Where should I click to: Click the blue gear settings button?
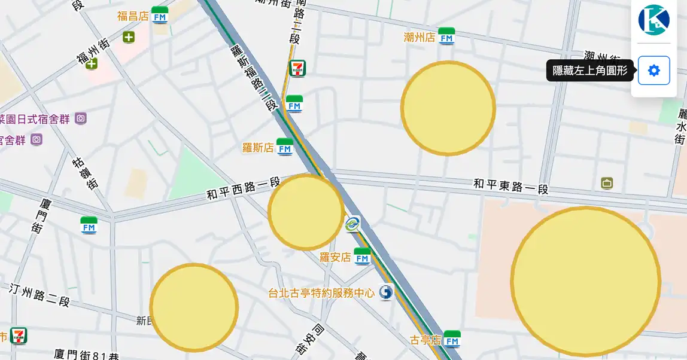click(653, 71)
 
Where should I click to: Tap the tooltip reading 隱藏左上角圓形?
click(589, 71)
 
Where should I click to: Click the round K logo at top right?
click(653, 20)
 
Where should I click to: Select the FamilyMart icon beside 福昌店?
click(160, 16)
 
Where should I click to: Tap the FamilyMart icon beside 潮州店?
click(446, 36)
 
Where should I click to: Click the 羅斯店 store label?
click(258, 147)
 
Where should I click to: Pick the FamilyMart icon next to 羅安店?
click(362, 257)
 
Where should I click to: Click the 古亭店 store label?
click(425, 340)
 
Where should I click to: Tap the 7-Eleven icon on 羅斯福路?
click(297, 68)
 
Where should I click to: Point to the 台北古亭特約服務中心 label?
click(321, 293)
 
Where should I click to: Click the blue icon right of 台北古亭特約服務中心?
click(387, 292)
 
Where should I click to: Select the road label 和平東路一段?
click(510, 186)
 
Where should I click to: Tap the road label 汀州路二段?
click(40, 294)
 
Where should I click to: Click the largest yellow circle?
click(585, 281)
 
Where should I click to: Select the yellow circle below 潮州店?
click(448, 108)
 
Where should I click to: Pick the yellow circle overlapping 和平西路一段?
click(306, 212)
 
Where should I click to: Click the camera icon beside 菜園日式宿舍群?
click(81, 118)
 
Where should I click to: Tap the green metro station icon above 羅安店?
click(353, 224)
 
